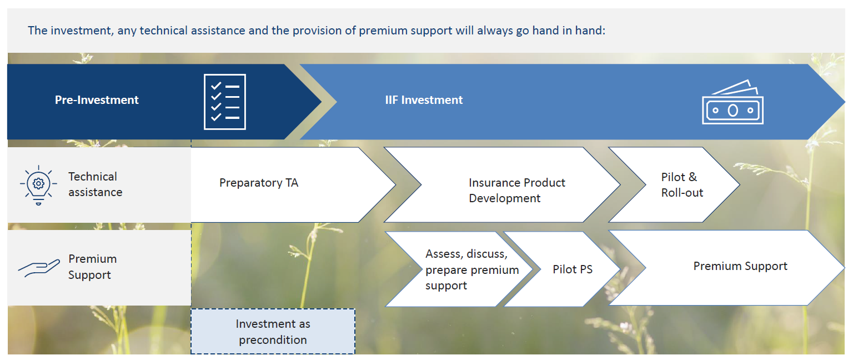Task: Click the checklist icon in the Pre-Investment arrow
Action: (225, 102)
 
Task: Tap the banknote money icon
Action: (732, 102)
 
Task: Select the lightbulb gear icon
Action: (38, 185)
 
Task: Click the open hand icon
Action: (39, 268)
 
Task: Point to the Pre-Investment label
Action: (97, 100)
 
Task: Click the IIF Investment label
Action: (424, 100)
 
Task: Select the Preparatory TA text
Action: (259, 183)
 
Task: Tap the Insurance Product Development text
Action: (517, 191)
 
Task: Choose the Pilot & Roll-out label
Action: (682, 185)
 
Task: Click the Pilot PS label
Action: (573, 269)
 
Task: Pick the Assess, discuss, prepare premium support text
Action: (472, 269)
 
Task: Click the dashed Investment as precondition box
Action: (273, 332)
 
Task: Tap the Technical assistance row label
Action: (95, 184)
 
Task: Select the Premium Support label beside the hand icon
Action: (92, 267)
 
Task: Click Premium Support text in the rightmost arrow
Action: (740, 266)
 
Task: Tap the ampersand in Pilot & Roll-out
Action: (693, 177)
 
